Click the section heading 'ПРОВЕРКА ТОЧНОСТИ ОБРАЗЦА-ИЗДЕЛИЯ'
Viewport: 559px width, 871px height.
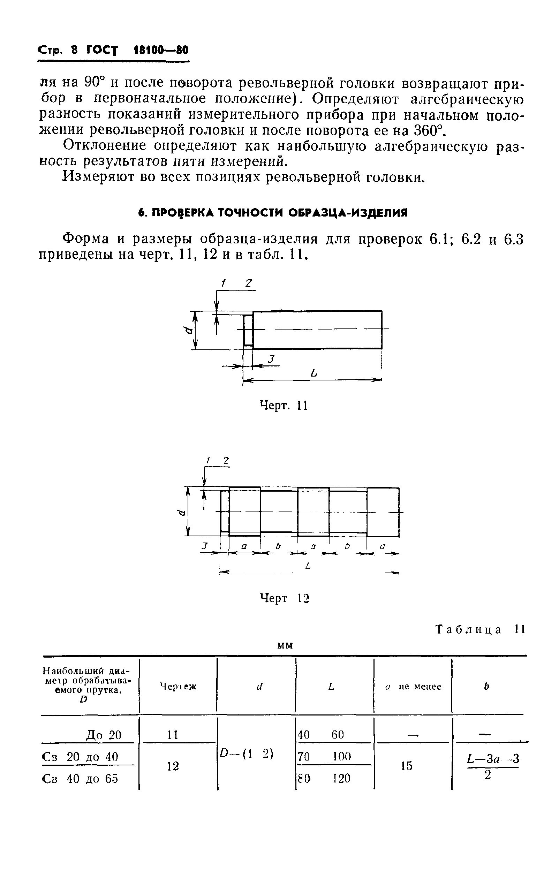[x=273, y=213]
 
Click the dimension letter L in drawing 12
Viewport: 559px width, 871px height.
[x=308, y=566]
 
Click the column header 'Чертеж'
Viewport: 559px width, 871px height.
[x=178, y=686]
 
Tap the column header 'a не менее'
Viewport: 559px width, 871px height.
[x=413, y=686]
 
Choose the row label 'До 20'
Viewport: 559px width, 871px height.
[x=104, y=735]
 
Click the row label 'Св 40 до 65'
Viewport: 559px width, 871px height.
[x=80, y=779]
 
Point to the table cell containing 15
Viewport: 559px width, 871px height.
[x=407, y=766]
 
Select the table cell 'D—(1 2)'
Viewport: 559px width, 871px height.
[x=247, y=754]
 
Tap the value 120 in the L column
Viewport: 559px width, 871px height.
[x=341, y=778]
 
